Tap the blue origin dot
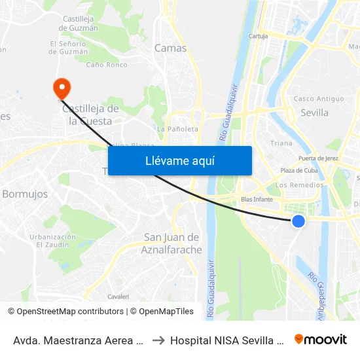pos(298,221)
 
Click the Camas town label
pos(170,48)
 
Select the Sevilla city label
pos(314,113)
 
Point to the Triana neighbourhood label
pos(281,143)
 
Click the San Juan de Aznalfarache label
pos(171,243)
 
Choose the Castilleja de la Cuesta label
pos(90,115)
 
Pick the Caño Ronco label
pos(107,65)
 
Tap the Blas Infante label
pos(257,199)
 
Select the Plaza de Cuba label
pos(298,171)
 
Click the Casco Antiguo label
pos(319,99)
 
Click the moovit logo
pos(321,339)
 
